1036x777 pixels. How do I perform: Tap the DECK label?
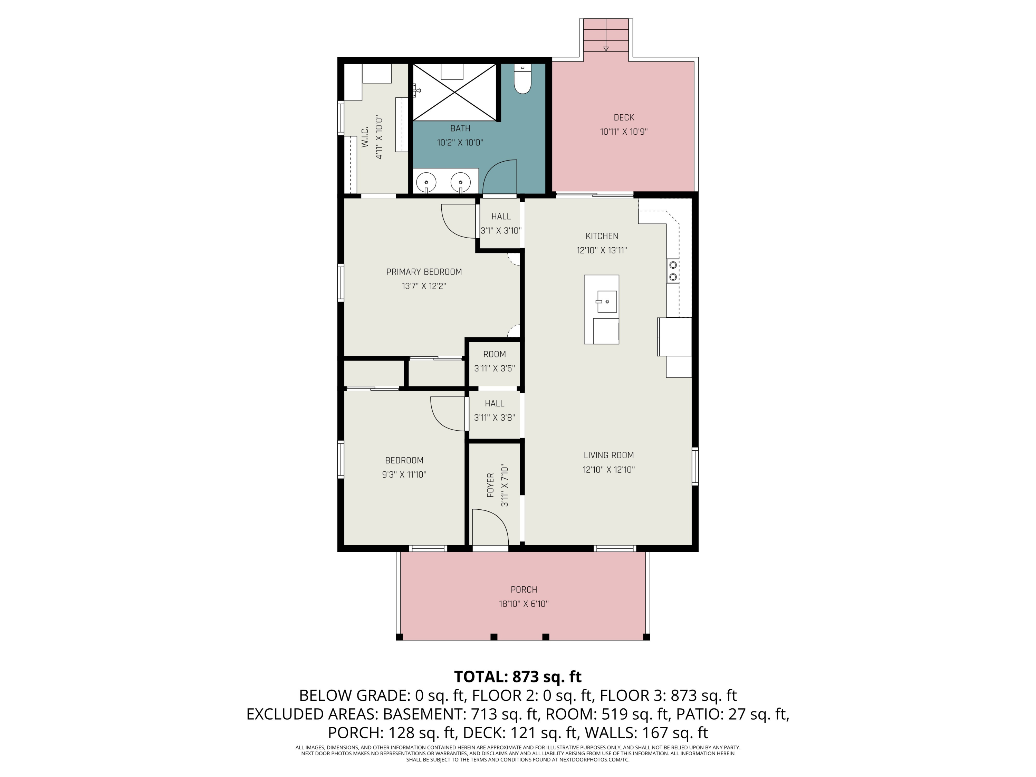tap(624, 117)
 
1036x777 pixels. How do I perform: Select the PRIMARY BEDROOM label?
tap(424, 272)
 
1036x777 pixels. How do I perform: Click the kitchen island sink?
tap(606, 301)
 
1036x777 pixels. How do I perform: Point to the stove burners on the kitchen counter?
tap(673, 271)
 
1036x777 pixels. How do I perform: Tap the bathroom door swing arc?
tap(500, 176)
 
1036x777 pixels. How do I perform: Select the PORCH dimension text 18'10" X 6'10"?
tap(524, 604)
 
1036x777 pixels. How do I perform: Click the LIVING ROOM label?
tap(608, 455)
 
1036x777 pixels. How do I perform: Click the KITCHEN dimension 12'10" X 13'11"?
tap(602, 250)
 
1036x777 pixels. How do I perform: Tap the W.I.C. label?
tap(365, 137)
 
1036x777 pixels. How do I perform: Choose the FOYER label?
tap(490, 485)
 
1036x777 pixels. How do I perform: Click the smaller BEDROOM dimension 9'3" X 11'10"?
tap(404, 474)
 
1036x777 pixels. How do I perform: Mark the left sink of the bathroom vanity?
tap(426, 182)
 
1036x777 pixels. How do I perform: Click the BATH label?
tap(460, 128)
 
